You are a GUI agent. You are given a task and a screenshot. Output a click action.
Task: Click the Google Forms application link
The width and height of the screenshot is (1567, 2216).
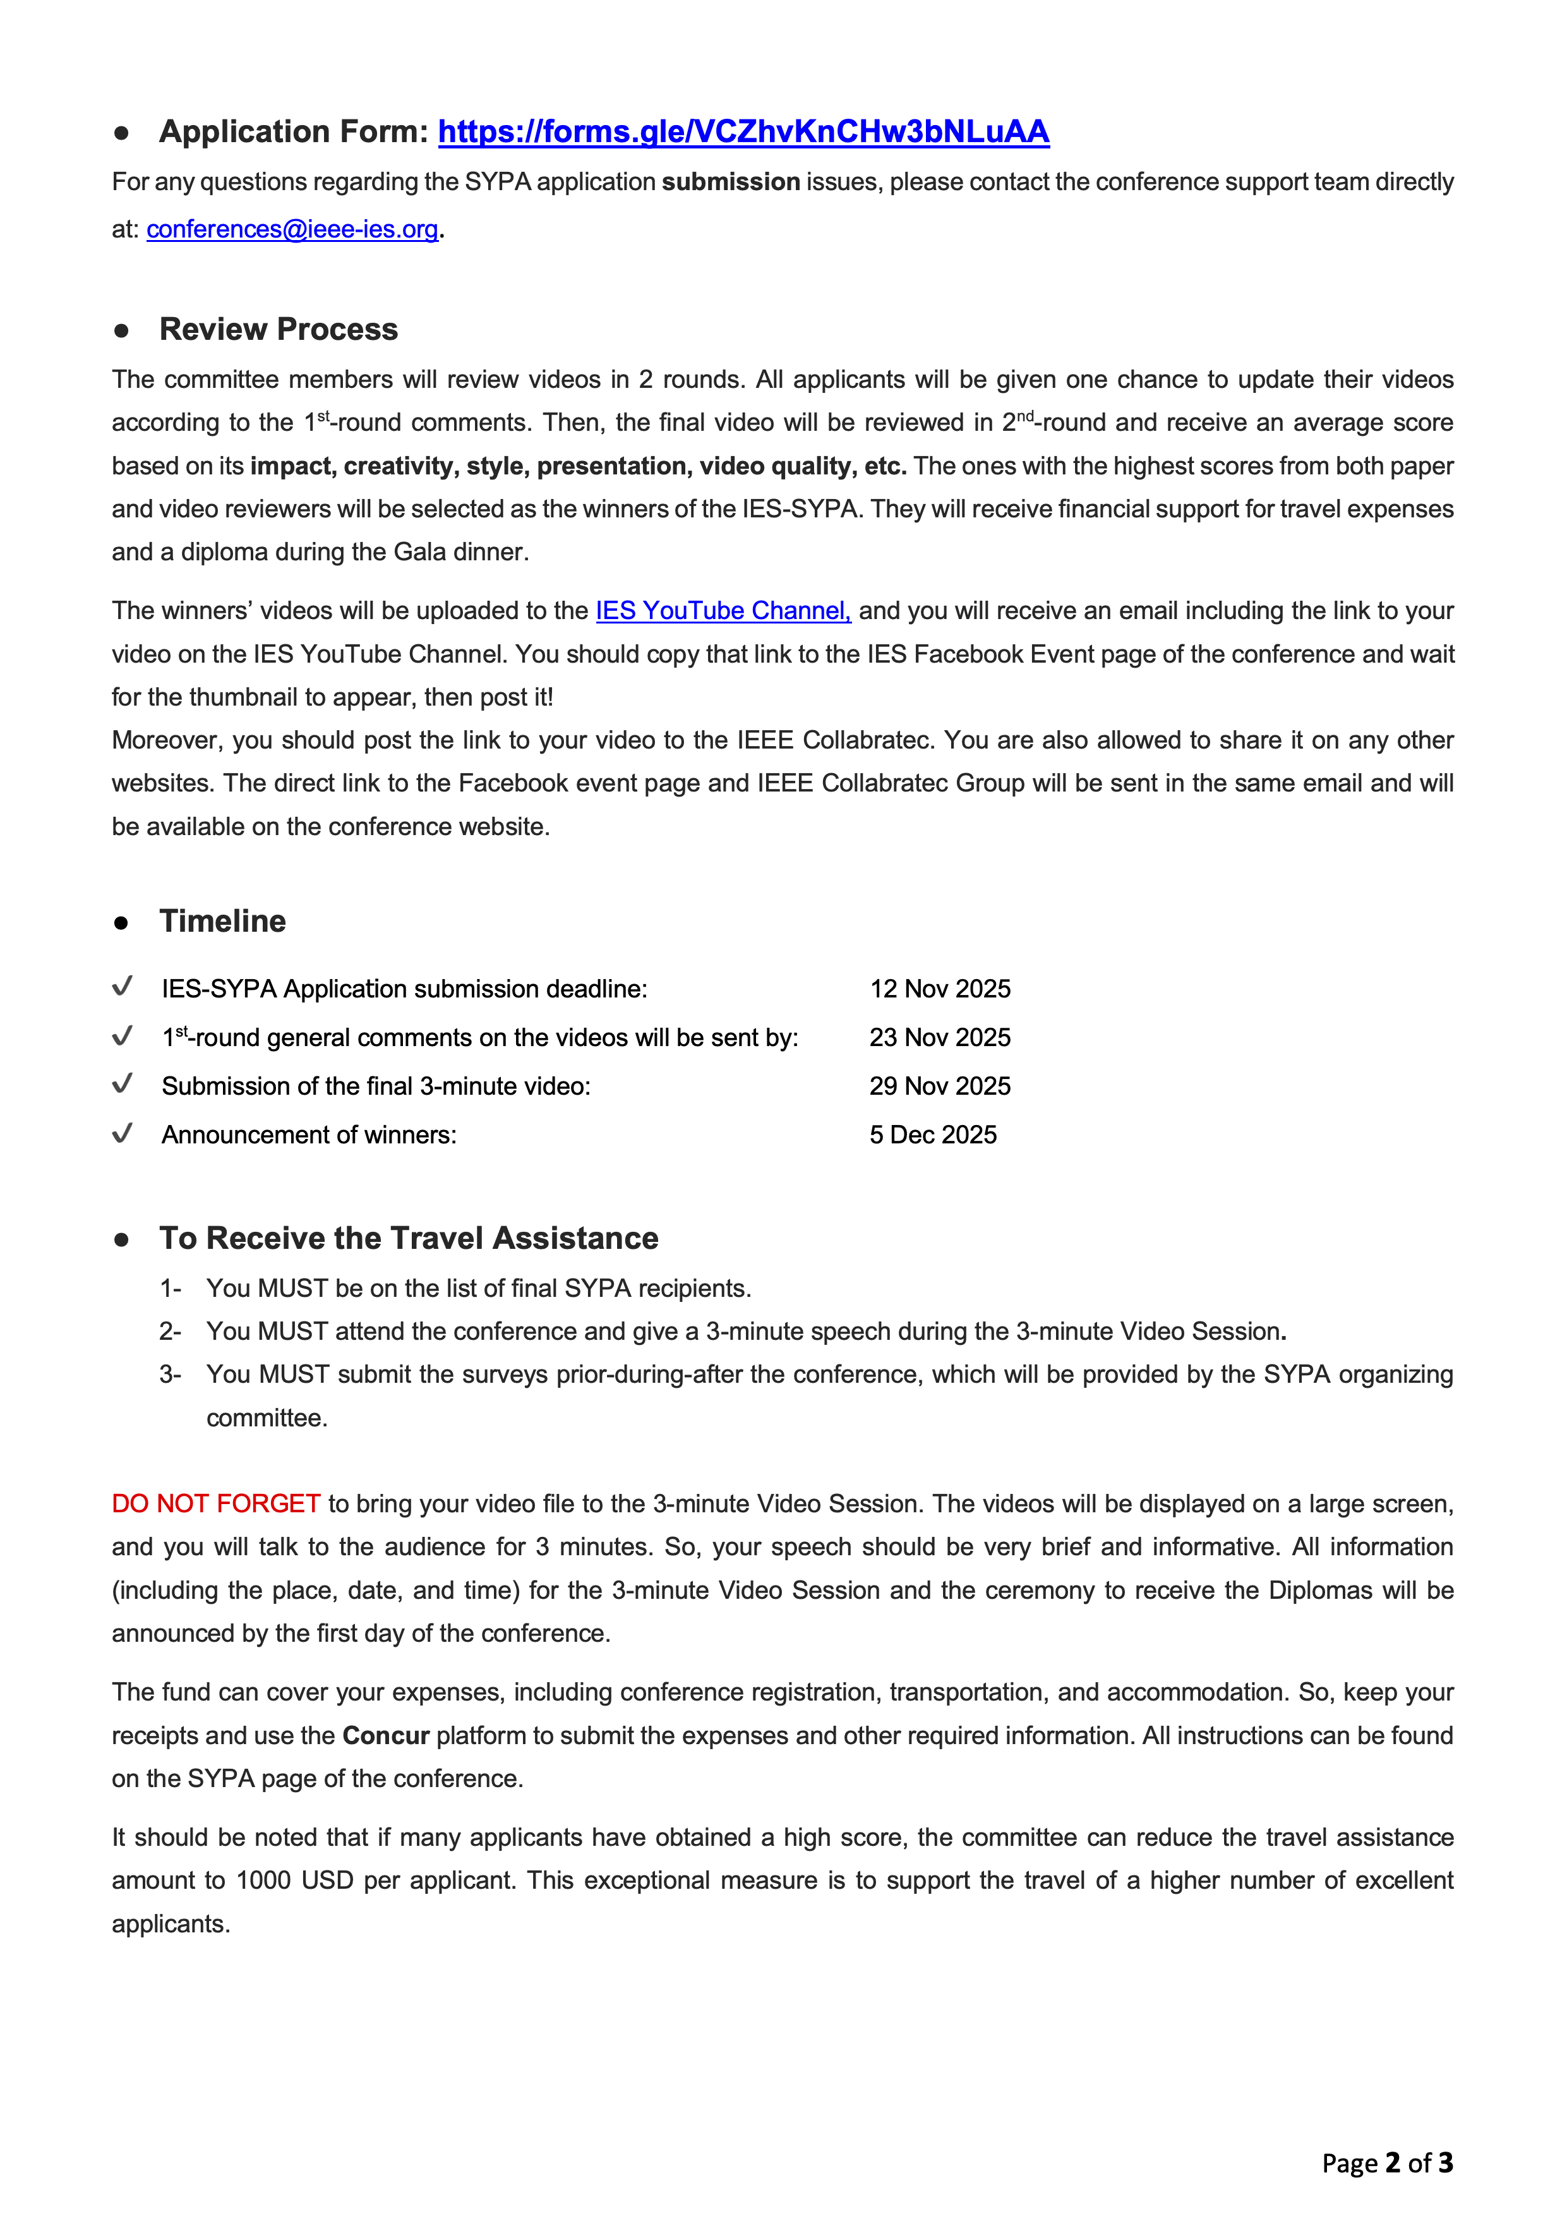[x=743, y=131]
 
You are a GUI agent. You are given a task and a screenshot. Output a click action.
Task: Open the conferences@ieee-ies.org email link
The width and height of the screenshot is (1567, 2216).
[x=292, y=230]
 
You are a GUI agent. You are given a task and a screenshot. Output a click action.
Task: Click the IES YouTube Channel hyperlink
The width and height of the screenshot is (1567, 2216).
[x=723, y=611]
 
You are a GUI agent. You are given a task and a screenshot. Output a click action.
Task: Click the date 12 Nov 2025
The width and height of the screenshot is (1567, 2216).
[x=940, y=989]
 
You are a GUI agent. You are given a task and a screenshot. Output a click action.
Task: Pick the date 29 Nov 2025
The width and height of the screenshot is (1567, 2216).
[x=940, y=1087]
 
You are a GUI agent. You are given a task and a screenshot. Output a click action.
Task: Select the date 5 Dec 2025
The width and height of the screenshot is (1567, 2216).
[x=932, y=1135]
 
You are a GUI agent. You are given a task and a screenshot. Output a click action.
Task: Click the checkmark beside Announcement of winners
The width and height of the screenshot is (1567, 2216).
[x=123, y=1133]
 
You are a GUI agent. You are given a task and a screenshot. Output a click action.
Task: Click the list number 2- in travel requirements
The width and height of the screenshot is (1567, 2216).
[x=170, y=1332]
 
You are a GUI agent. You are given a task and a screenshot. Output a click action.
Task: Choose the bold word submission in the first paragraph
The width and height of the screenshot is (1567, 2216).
[x=730, y=183]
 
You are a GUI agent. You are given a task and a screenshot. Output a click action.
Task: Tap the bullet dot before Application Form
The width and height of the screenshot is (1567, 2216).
[x=121, y=133]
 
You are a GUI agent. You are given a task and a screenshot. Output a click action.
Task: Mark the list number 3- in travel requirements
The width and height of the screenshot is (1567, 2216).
[x=170, y=1375]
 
